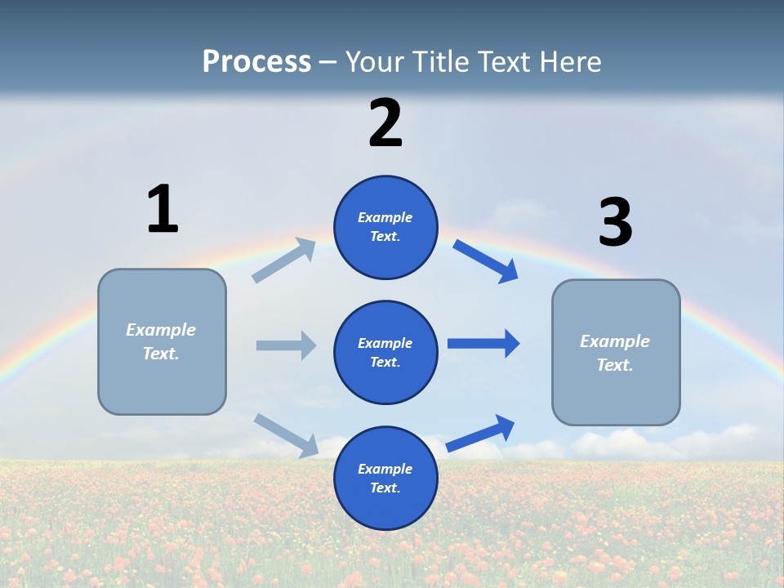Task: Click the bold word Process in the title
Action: (256, 62)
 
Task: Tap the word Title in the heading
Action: (439, 62)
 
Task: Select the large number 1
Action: (163, 209)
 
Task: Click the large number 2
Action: (385, 123)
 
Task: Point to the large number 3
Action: (615, 223)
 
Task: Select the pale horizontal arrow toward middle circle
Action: (286, 345)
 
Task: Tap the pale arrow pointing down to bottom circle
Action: (287, 434)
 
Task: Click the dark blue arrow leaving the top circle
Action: (486, 261)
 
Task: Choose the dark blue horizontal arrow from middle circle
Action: (483, 343)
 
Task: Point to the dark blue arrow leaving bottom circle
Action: (481, 433)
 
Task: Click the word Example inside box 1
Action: (161, 330)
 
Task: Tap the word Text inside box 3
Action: (614, 365)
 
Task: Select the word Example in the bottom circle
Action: (385, 469)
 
